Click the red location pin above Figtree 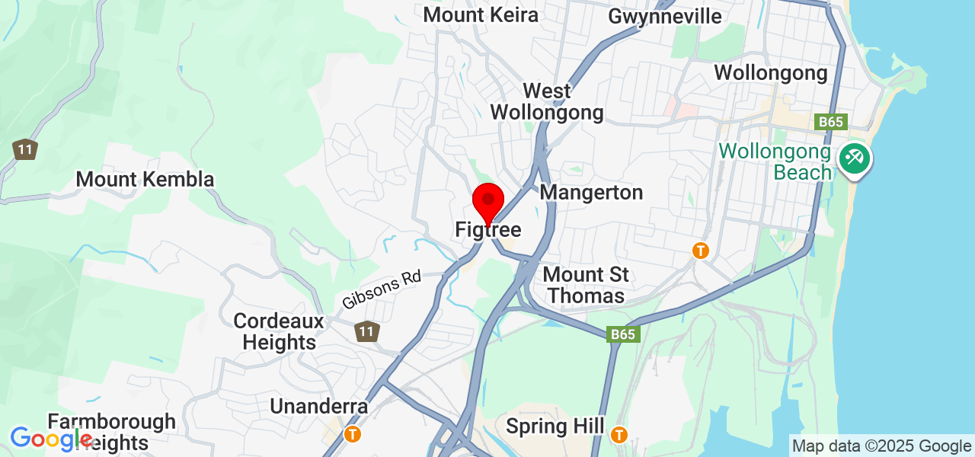coord(487,203)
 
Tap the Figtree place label coord(487,229)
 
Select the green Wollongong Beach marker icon coord(855,159)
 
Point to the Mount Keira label coord(481,14)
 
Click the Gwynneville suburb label coord(665,16)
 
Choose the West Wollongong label coord(547,102)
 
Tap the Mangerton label coord(591,193)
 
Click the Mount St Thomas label coord(586,285)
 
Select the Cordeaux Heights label coord(279,331)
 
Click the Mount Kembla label coord(145,180)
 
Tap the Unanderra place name coord(319,406)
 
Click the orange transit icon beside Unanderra coord(353,433)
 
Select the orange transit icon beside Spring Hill coord(619,433)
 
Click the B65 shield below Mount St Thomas coord(622,334)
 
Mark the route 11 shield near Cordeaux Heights coord(367,331)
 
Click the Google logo coord(51,439)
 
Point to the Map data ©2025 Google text coord(881,446)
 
